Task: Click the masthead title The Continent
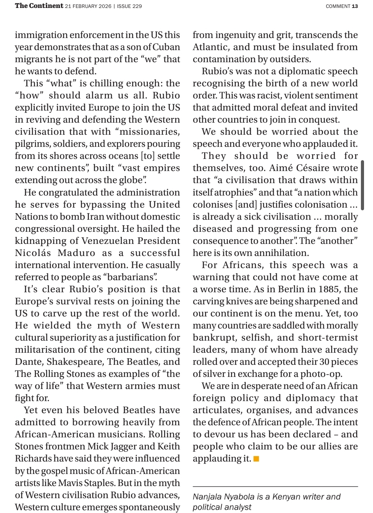click(x=39, y=6)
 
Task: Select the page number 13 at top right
click(x=355, y=6)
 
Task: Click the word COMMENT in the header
click(x=338, y=6)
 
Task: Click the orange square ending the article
click(x=256, y=459)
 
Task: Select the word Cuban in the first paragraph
click(x=169, y=47)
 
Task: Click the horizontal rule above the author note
click(x=275, y=486)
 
